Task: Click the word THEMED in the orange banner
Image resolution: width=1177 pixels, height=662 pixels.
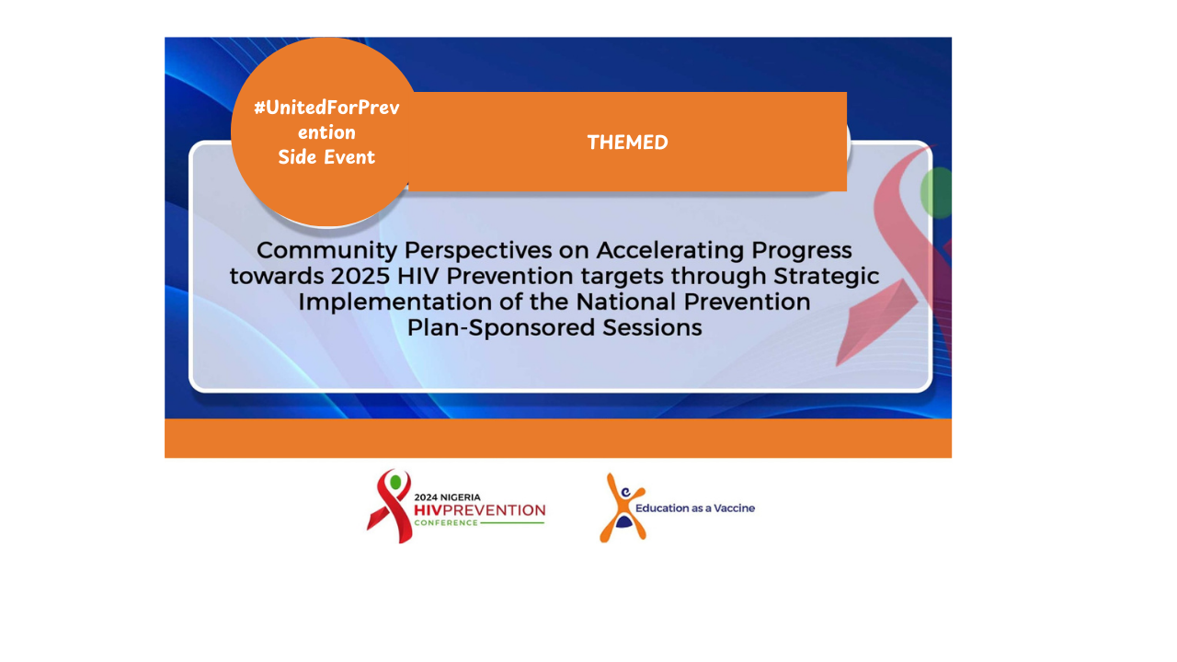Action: coord(627,143)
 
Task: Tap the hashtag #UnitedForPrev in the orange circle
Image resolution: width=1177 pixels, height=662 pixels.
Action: coord(326,108)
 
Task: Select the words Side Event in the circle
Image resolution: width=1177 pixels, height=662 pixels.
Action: coord(326,157)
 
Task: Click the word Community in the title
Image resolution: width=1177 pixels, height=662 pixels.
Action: coord(326,251)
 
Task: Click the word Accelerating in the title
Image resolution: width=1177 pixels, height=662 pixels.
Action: coord(670,251)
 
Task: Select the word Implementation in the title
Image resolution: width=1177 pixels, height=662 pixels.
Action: coord(394,302)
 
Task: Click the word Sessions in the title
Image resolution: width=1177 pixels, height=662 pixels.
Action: coord(652,328)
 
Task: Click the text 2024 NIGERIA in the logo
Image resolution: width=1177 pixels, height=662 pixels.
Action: coord(447,497)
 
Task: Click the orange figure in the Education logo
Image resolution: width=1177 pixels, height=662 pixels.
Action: coord(623,508)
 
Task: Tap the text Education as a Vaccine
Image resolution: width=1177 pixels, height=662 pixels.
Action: coord(695,508)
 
